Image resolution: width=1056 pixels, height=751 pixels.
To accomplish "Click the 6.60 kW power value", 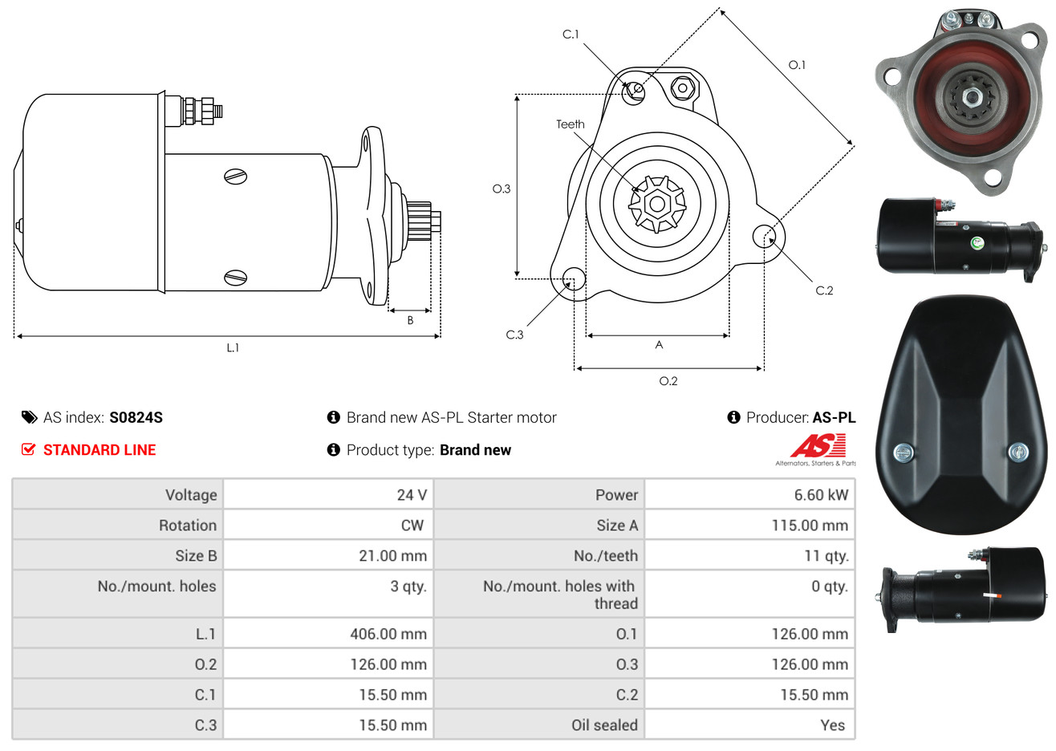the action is coord(821,494).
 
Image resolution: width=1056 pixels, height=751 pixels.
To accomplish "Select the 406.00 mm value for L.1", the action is coord(388,634).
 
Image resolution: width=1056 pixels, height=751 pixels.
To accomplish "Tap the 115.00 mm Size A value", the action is coord(810,526).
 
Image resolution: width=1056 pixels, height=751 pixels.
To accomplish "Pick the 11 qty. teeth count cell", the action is coord(826,556).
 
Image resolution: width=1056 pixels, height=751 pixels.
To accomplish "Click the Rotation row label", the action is coord(188,526).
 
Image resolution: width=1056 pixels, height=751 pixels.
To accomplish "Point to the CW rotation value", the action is coord(412,526).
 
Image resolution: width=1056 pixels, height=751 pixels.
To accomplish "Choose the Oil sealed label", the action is coord(604,725).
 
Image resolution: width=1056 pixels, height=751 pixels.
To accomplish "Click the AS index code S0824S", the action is coord(136,418).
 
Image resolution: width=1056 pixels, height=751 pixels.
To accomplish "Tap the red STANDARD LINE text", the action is coord(100,450).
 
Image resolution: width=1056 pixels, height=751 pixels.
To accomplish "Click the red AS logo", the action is coord(818,445).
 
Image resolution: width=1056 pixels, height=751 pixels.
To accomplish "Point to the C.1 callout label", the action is coord(571,35).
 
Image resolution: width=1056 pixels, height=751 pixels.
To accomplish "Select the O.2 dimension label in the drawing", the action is coord(668,381).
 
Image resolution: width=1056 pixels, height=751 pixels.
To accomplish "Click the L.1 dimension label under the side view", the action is coord(233,348).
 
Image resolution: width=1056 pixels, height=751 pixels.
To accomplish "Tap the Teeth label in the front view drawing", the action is coord(570,124).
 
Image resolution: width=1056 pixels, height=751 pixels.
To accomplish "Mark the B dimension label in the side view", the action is coord(410,321).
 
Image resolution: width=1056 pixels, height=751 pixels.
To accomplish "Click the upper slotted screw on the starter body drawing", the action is coord(235,177).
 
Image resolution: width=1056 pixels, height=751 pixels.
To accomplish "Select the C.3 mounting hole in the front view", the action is coord(574,278).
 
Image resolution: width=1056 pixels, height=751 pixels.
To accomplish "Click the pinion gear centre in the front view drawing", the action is coord(657,204).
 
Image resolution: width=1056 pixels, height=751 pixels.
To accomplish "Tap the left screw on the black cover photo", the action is coord(904,453).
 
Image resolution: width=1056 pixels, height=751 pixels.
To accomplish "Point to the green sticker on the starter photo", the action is coord(977,243).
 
